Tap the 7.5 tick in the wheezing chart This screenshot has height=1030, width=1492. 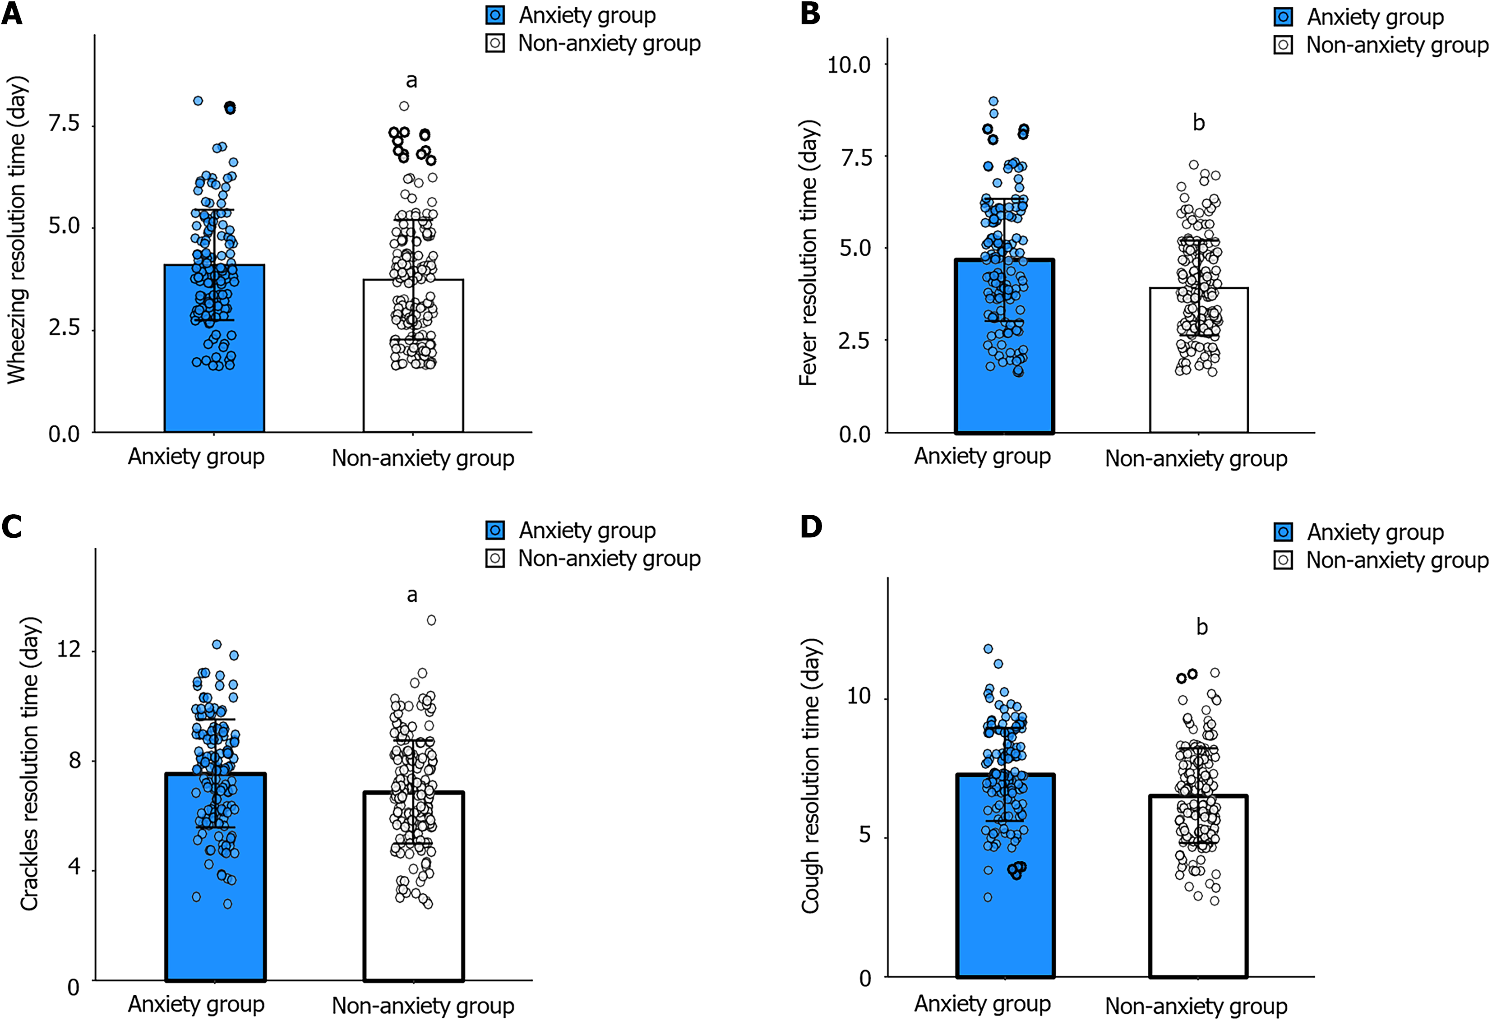tap(64, 123)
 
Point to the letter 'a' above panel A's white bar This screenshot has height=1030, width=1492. tap(411, 81)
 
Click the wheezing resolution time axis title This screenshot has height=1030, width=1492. tap(18, 230)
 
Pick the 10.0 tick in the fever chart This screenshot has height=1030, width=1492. tap(849, 65)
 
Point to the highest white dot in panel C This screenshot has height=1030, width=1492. tap(431, 620)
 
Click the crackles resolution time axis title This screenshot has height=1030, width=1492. tap(30, 763)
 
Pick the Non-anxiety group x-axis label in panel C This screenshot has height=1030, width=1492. tap(423, 1006)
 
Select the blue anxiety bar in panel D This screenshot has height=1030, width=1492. tap(1005, 904)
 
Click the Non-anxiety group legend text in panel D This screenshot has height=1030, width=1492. tap(1397, 560)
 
